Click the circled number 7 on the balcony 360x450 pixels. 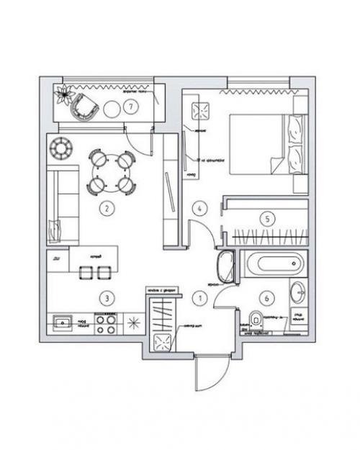coord(130,107)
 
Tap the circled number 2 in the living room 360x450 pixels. coord(107,210)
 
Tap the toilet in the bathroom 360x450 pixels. coord(253,319)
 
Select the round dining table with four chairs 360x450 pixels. coord(112,171)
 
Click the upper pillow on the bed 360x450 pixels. coord(296,131)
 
